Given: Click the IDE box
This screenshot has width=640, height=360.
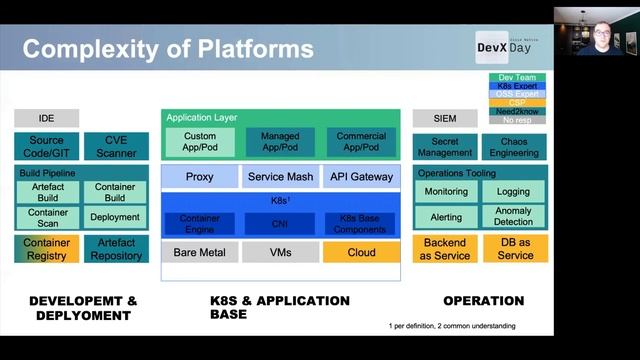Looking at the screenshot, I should point(46,118).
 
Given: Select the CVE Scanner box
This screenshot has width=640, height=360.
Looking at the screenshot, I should point(115,147).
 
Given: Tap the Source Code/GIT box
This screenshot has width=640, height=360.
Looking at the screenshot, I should point(46,147).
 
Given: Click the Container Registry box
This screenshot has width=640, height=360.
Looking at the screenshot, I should point(46,249).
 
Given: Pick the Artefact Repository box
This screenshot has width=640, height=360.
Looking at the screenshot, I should point(115,249).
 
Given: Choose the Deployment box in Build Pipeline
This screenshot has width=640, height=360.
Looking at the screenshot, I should point(115,217).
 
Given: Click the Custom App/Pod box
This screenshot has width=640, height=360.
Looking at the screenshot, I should point(200,142).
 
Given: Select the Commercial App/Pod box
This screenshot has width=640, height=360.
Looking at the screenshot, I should point(361,142).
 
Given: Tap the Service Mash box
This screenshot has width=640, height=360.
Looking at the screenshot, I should point(279,177).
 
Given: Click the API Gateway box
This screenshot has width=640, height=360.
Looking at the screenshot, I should point(361,177).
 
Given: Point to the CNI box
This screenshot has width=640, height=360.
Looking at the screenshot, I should point(279,224).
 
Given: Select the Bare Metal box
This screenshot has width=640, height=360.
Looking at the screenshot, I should point(200,252).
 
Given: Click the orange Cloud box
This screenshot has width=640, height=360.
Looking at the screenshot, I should point(361,252).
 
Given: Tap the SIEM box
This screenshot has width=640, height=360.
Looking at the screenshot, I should point(445,118).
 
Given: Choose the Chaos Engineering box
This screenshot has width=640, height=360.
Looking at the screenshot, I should point(514,147).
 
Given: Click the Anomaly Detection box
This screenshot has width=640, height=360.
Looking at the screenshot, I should point(514,217).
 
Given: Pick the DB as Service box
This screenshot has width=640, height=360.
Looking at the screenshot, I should point(514,249).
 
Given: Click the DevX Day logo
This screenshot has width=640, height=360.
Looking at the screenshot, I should point(509,46).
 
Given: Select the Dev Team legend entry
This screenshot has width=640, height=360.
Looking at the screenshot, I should point(517,78).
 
